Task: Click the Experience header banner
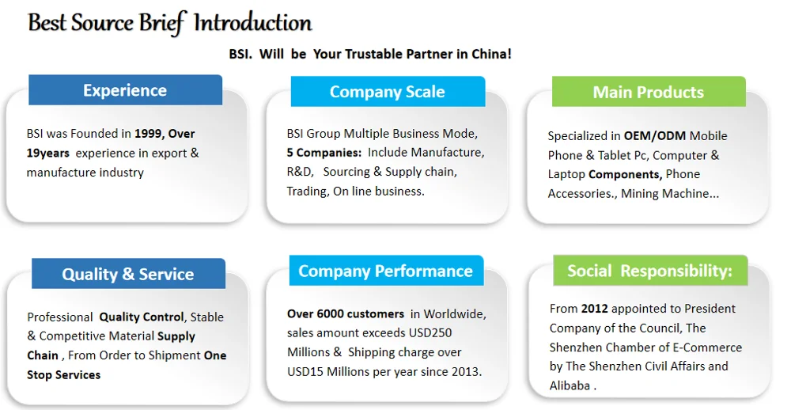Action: click(x=125, y=90)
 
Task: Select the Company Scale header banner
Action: click(x=388, y=91)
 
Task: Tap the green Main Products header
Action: click(x=649, y=91)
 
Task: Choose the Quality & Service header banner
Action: click(x=128, y=274)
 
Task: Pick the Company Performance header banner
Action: click(x=387, y=271)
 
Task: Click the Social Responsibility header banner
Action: click(x=650, y=270)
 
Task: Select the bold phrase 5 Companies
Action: click(x=324, y=153)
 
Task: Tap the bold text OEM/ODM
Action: click(x=655, y=136)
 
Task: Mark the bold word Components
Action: click(x=625, y=175)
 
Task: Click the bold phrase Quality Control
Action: click(x=142, y=317)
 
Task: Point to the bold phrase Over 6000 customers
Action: click(x=346, y=314)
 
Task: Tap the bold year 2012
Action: click(x=594, y=309)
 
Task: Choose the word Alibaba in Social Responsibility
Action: click(x=570, y=385)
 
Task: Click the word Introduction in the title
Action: click(x=253, y=23)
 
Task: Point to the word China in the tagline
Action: click(x=490, y=54)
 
